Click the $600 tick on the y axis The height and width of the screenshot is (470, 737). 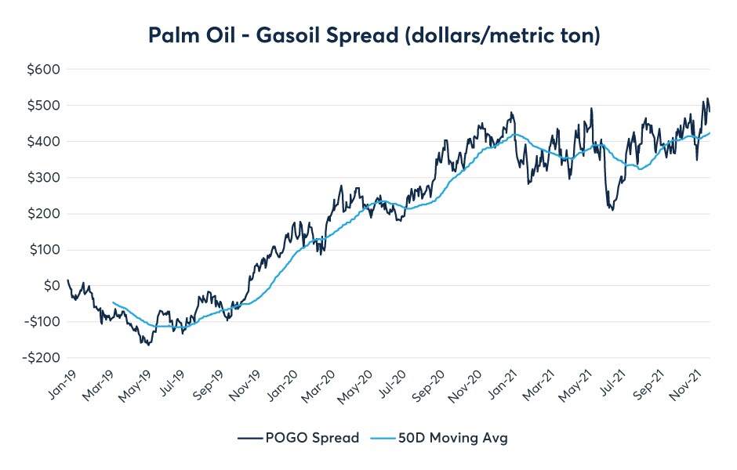44,69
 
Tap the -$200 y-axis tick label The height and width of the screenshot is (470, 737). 42,358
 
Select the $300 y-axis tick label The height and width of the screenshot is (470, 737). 44,178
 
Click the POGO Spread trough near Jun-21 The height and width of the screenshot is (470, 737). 612,210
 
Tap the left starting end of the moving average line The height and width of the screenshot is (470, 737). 114,302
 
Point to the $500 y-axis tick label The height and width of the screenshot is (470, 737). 44,105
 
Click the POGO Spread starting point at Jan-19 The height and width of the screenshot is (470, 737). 68,280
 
